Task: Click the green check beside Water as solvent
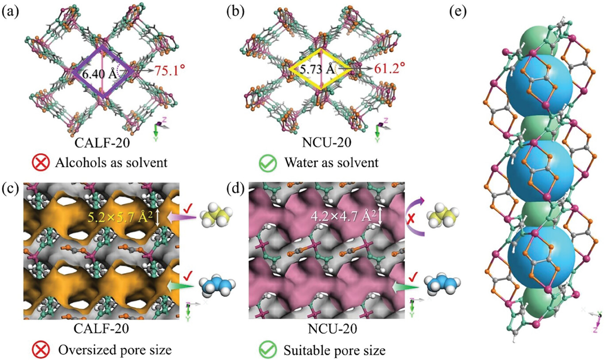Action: [270, 163]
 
